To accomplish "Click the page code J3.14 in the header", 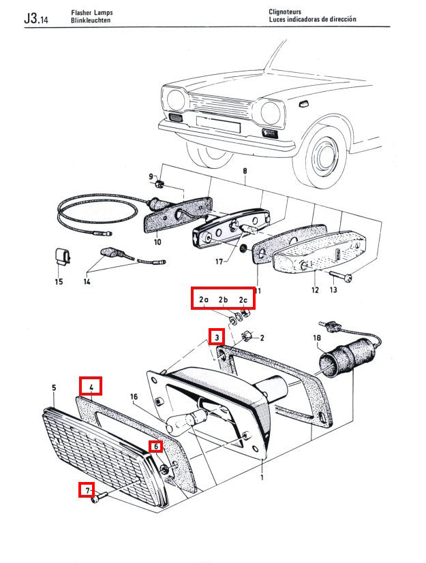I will [x=35, y=18].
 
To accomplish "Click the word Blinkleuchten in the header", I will [x=90, y=21].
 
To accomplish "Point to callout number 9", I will [x=151, y=177].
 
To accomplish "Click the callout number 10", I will [x=157, y=242].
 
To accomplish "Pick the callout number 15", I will [x=59, y=281].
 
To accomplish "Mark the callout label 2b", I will [x=223, y=300].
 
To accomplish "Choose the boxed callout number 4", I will [x=91, y=386].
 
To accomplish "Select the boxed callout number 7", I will [x=87, y=489].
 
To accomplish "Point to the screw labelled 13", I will [x=340, y=276].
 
